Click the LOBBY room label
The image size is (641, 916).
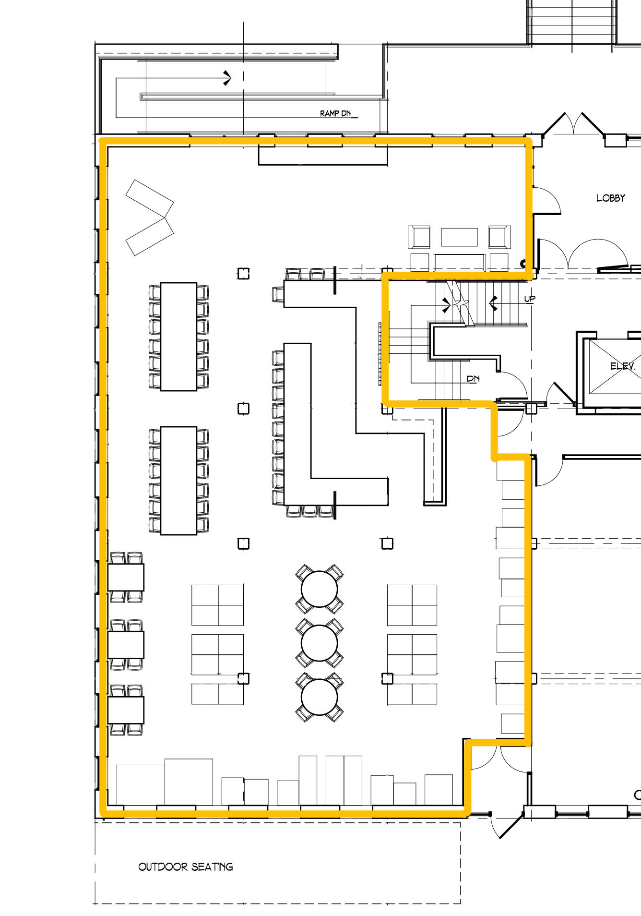[610, 198]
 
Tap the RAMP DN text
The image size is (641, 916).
[335, 114]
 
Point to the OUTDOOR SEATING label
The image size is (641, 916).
[186, 867]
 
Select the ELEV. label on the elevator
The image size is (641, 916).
[623, 366]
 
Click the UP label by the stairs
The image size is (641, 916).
[530, 299]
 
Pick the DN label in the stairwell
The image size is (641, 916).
[473, 379]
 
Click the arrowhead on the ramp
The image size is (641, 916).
[227, 78]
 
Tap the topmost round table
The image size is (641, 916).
[320, 589]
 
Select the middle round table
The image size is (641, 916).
[320, 643]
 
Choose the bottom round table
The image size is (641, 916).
[320, 697]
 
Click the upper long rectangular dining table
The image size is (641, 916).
[178, 337]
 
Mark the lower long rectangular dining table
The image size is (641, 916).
[178, 480]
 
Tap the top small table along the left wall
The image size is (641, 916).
[126, 577]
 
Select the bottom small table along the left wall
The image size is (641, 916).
[126, 710]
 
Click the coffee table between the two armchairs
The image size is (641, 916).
[459, 237]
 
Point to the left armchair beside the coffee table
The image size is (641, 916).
[419, 237]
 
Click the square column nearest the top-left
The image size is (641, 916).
[244, 274]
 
